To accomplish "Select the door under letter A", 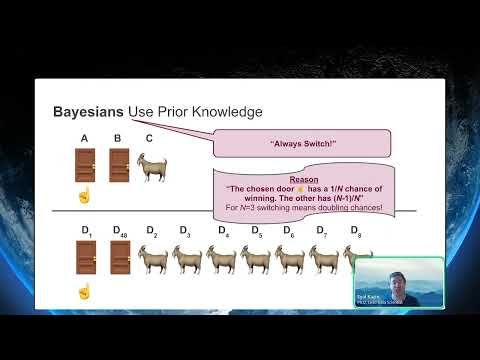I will [84, 165].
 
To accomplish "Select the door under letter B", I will [119, 165].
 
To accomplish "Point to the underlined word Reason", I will [304, 180].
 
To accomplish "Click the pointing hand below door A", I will [84, 195].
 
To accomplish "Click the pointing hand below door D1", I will [84, 291].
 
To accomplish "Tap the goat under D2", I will [153, 260].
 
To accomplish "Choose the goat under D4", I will [222, 260].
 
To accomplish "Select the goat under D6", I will [290, 260].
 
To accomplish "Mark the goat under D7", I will [324, 260].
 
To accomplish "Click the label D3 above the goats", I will [185, 232].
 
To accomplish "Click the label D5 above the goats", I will [256, 232].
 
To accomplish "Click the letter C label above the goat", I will [150, 138].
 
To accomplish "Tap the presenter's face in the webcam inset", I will [376, 279].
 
